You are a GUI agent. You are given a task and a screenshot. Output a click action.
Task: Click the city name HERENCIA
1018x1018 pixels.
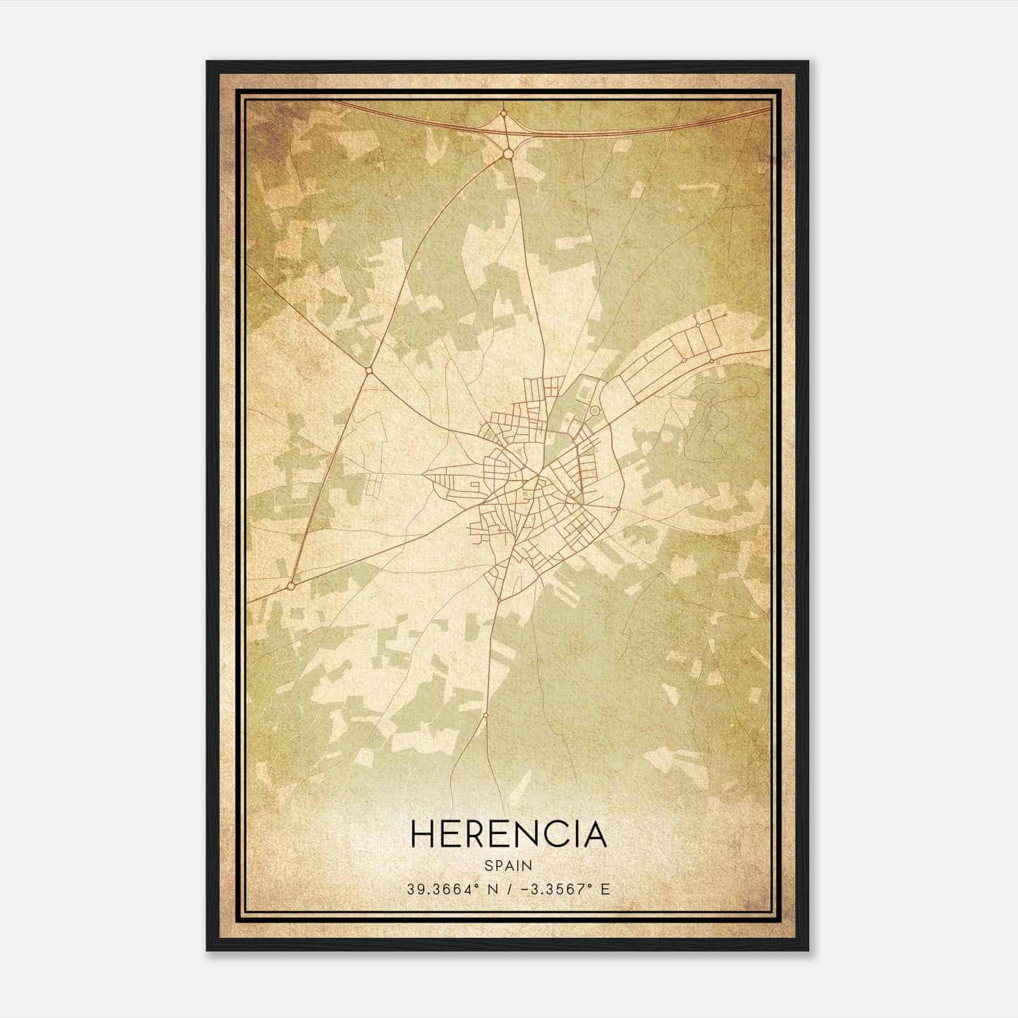click(x=508, y=834)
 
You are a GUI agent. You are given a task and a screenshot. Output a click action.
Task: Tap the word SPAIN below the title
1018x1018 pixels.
click(x=508, y=865)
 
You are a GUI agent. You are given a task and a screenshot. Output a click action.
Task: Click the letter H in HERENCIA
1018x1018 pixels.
click(x=422, y=834)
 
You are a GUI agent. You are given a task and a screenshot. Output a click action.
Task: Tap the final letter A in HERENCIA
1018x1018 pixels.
click(x=594, y=834)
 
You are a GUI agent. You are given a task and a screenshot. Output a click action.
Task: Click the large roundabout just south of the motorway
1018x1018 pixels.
click(x=508, y=154)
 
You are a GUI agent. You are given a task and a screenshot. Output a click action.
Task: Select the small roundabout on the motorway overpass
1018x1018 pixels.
click(x=503, y=114)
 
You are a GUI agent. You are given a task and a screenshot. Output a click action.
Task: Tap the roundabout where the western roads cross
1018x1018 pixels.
click(x=368, y=370)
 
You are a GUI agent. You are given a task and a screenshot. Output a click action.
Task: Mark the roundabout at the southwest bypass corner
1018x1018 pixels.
click(x=291, y=585)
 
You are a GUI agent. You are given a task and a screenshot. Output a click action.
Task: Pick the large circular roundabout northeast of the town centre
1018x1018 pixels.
click(x=594, y=411)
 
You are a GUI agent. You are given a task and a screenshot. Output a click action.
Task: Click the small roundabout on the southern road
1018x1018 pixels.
click(x=485, y=715)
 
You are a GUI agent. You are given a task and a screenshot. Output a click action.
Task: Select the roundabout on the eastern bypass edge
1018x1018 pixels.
click(x=618, y=509)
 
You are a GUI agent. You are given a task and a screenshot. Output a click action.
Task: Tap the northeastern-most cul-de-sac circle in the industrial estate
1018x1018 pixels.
click(x=725, y=315)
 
